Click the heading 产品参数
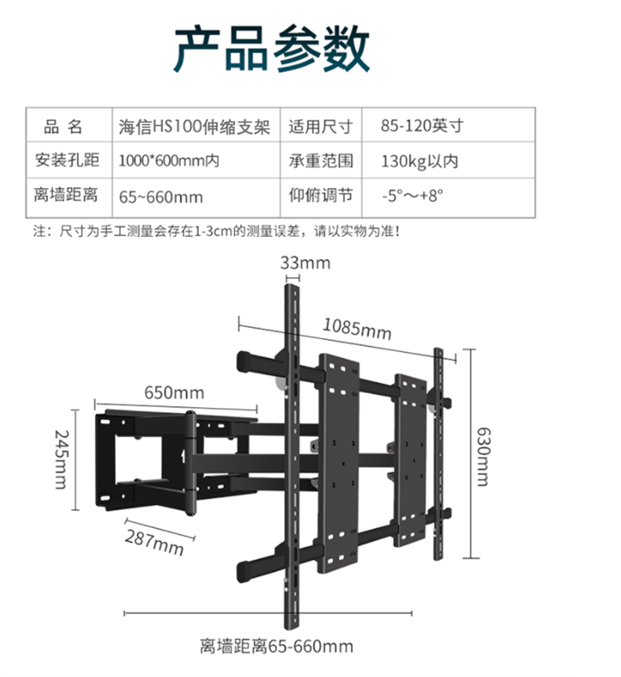click(272, 48)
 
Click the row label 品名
click(63, 127)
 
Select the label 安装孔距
click(67, 160)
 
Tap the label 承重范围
click(321, 161)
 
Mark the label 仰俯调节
click(321, 195)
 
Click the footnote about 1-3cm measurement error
click(217, 231)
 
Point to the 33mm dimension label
click(306, 262)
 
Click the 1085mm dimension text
click(357, 329)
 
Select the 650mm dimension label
click(174, 392)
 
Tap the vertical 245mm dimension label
click(62, 459)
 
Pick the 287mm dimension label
click(155, 542)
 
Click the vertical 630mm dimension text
click(484, 456)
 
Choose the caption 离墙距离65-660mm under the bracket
click(277, 646)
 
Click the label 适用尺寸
click(321, 127)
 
